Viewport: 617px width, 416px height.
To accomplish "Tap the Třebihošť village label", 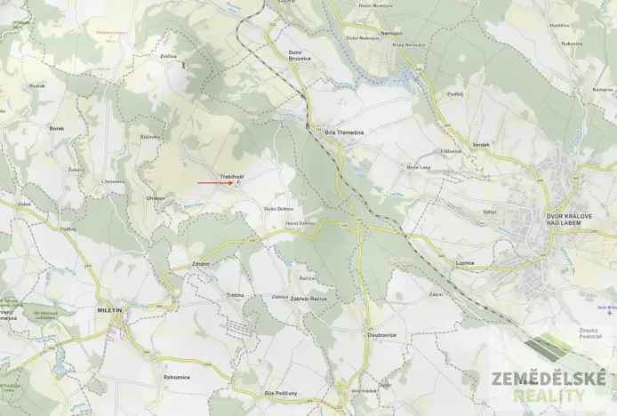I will point(232,177).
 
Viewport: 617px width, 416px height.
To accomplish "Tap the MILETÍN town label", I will point(109,310).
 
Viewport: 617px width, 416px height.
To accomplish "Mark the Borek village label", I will point(57,128).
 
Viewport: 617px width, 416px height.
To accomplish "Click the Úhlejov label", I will point(156,197).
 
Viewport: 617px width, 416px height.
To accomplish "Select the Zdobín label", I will point(200,263).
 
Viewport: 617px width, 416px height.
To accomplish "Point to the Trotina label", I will point(235,294).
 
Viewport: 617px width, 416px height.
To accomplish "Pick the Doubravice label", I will point(381,335).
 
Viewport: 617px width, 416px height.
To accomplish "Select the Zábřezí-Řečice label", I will point(308,299).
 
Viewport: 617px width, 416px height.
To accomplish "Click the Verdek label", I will point(481,144).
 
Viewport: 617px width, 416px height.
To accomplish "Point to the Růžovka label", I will point(149,137).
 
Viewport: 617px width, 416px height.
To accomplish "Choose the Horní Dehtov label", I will point(300,222).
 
